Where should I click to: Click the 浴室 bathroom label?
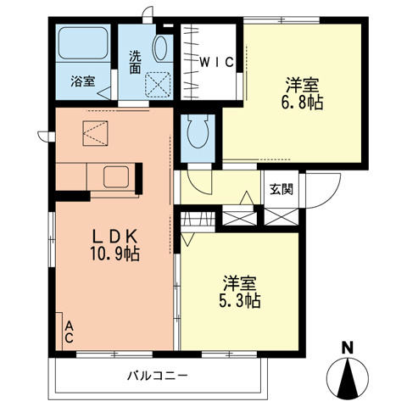(82, 81)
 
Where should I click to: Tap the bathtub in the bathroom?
(83, 46)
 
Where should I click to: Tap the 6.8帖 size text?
(303, 101)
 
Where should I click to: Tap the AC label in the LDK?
(69, 330)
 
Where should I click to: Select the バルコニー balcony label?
(158, 374)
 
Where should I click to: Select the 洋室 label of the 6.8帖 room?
(303, 83)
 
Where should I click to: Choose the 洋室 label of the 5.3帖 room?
(241, 282)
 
